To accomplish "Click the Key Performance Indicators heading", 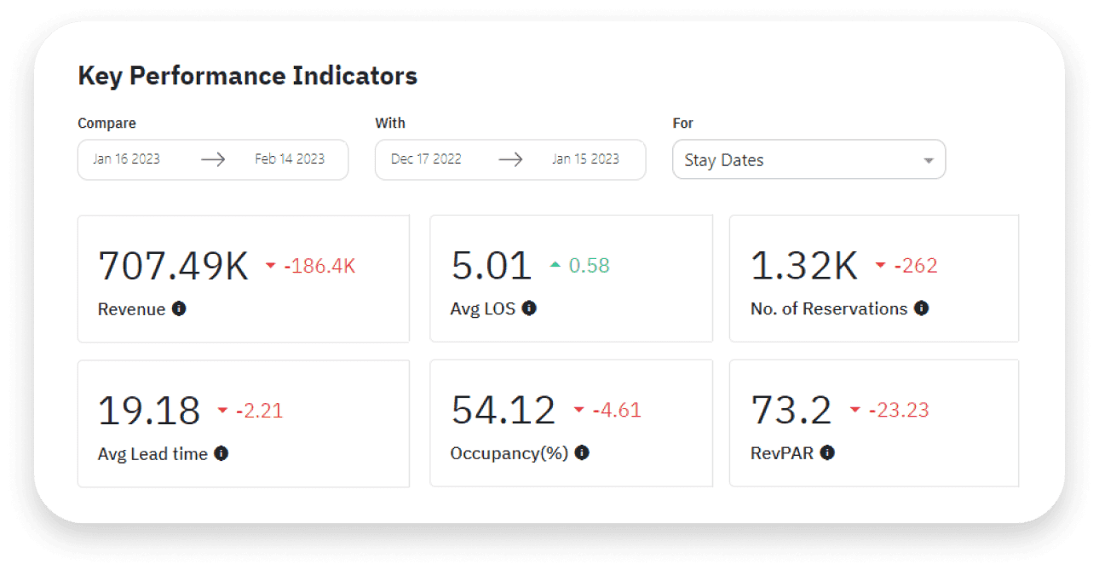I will [x=247, y=76].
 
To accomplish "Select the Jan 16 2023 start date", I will [x=126, y=159].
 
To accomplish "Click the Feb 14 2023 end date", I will [x=290, y=159].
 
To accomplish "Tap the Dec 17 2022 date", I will [x=426, y=159].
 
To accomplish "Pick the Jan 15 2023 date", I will [x=585, y=159].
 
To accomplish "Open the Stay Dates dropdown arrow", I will [x=929, y=160].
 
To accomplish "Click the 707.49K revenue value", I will [x=174, y=266].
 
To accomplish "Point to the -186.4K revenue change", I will [x=320, y=266].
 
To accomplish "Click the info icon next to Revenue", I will [x=179, y=308].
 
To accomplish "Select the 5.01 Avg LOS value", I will [x=491, y=266].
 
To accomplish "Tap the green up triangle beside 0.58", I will [x=555, y=265].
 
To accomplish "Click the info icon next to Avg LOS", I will [x=529, y=308].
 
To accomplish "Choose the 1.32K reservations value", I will [x=803, y=266].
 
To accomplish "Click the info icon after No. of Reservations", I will [x=921, y=308].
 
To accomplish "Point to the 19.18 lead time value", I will [x=149, y=411].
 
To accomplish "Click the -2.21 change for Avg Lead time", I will [x=259, y=411].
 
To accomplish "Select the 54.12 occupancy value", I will [x=503, y=411].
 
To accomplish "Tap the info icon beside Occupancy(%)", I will [x=582, y=453].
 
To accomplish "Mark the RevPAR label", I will [x=781, y=453].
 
